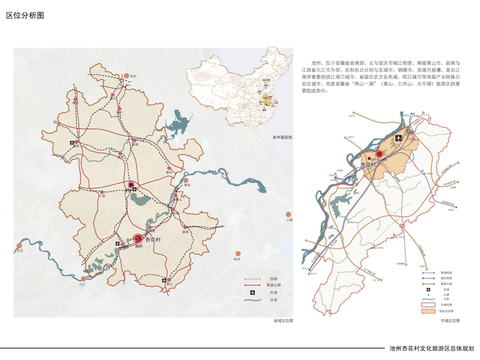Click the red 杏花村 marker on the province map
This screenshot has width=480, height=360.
point(138,238)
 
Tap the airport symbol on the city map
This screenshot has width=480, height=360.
point(399,135)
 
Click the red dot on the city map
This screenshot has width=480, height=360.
point(380,154)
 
